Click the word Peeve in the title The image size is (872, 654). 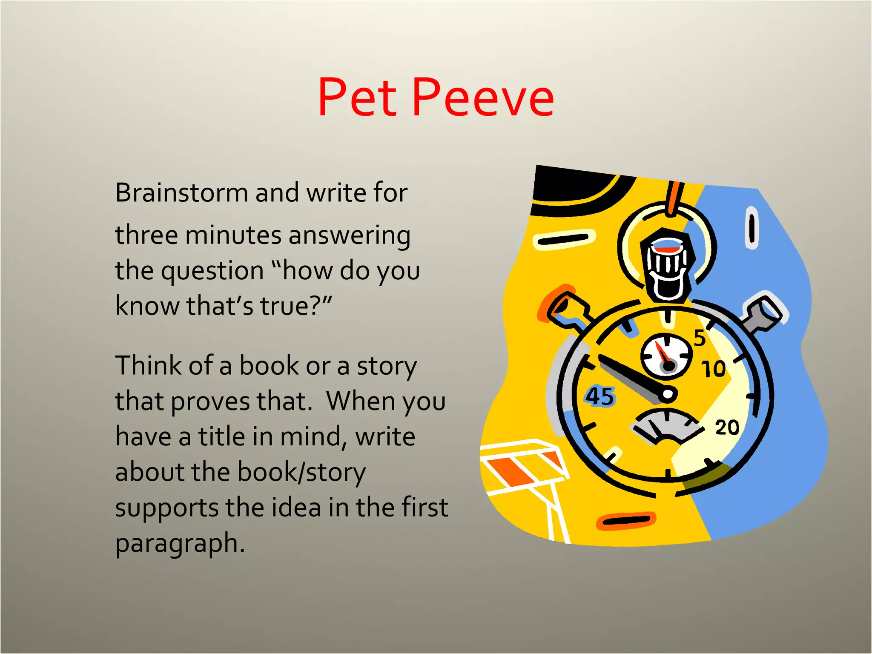point(483,97)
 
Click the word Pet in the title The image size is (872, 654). point(357,97)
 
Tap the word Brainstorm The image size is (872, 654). point(181,192)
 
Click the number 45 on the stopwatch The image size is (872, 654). point(599,396)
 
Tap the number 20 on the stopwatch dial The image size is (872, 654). point(727,427)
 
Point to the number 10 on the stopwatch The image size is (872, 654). point(714,369)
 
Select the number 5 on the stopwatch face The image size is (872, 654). point(699,338)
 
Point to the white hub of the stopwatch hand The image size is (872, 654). point(668,394)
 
